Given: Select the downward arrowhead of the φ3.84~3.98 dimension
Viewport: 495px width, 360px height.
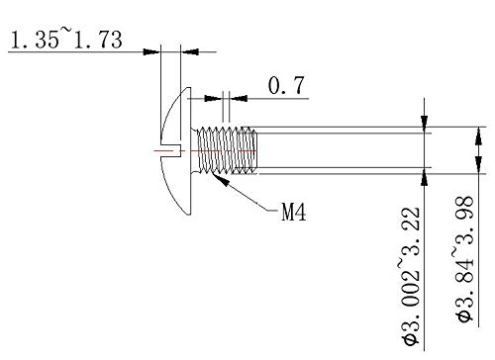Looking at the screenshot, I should [x=479, y=138].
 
